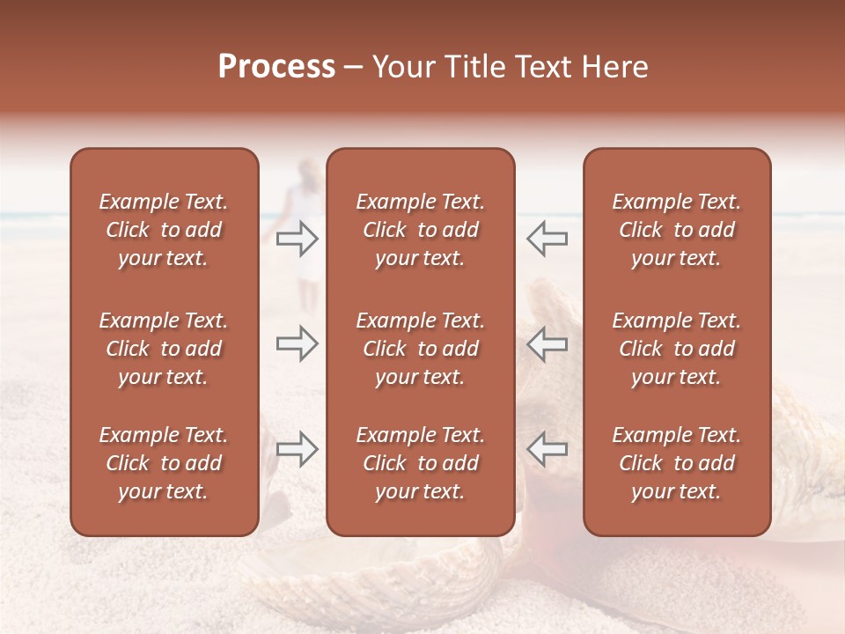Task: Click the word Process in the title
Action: coord(276,67)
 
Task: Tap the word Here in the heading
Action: coord(613,67)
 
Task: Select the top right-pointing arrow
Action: coord(298,239)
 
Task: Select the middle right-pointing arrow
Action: coord(298,343)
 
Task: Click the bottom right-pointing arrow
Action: coord(298,448)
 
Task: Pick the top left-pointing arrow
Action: coord(547,239)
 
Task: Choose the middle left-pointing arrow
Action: coord(547,343)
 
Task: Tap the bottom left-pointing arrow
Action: coord(547,448)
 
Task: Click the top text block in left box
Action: coord(164,230)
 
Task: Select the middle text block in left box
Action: coord(164,349)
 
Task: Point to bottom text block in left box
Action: coord(164,463)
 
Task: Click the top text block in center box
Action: coord(420,230)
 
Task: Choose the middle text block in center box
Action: coord(420,349)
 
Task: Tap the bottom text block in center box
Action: coord(420,463)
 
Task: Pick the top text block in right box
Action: coord(677,230)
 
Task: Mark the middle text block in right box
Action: coord(677,349)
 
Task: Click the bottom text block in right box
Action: coord(677,463)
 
